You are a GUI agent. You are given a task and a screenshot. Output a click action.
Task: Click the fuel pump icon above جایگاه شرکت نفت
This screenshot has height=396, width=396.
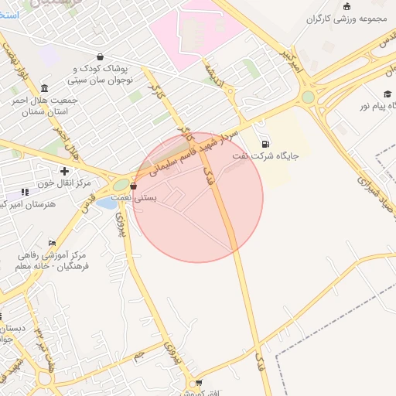(267, 143)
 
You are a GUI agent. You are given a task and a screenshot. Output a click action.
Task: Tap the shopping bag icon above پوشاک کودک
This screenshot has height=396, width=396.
(101, 56)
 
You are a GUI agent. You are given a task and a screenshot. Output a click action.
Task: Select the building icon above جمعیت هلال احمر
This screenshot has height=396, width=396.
(44, 87)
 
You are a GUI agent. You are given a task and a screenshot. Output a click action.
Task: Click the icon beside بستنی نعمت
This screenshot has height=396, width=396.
(134, 186)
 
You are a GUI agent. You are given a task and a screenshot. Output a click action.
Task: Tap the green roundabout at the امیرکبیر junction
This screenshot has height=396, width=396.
(308, 97)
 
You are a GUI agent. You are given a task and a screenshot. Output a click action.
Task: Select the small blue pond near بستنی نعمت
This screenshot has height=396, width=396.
(106, 203)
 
